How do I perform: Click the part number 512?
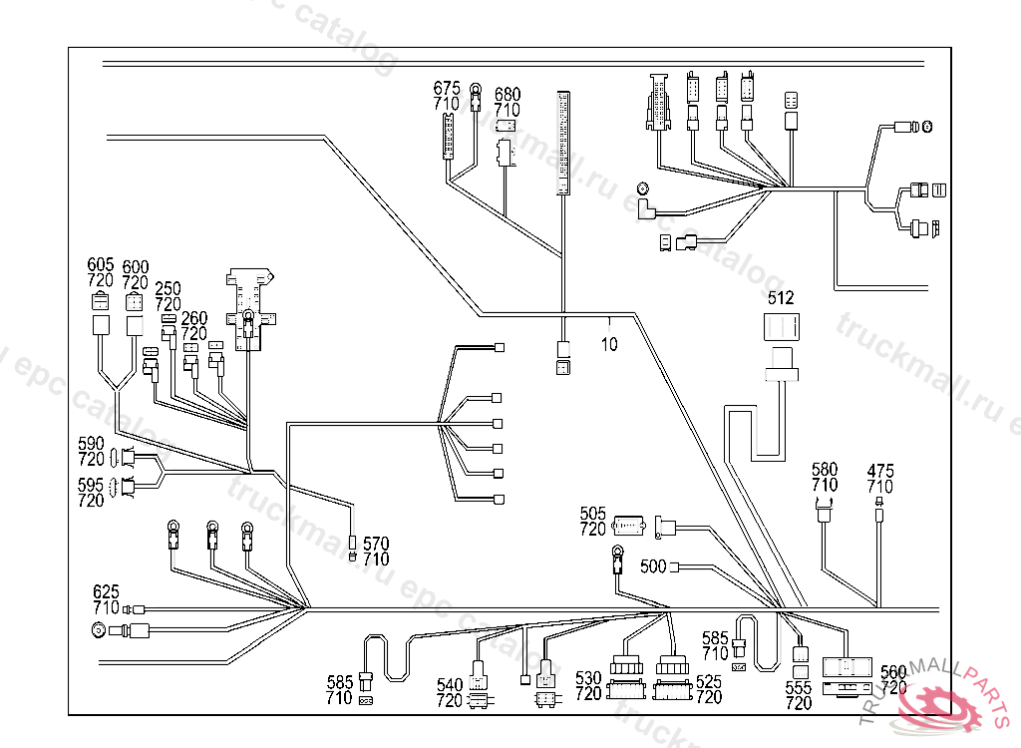(x=781, y=298)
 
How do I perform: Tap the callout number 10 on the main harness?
(x=609, y=345)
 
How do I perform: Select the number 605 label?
(x=101, y=264)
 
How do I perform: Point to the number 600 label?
(x=135, y=267)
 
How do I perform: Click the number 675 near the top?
(x=447, y=88)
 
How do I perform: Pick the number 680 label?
(x=508, y=95)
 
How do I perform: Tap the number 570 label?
(x=376, y=544)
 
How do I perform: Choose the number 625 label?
(x=106, y=591)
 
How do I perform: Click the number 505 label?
(x=593, y=514)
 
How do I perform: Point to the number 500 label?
(x=653, y=566)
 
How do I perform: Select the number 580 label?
(x=825, y=470)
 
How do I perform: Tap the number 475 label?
(x=880, y=470)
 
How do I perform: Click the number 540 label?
(x=450, y=685)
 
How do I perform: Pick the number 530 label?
(x=588, y=679)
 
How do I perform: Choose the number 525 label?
(x=708, y=681)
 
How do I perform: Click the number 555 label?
(x=799, y=687)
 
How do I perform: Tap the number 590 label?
(x=92, y=443)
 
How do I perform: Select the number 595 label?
(x=92, y=485)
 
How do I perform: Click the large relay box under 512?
(x=781, y=329)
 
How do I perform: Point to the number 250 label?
(x=169, y=287)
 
